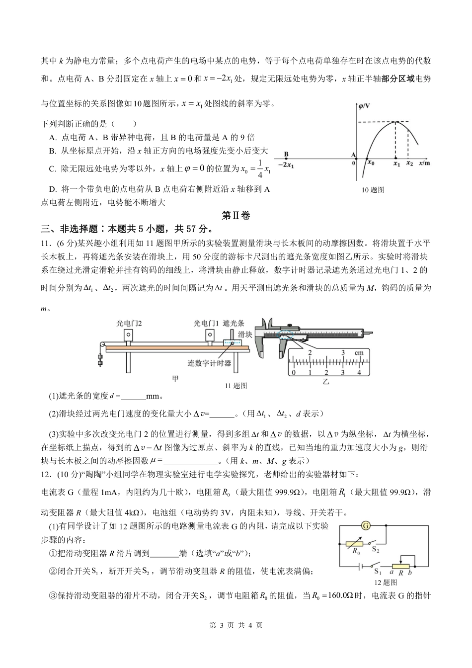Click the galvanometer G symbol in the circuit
(x=366, y=525)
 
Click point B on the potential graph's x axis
(x=287, y=155)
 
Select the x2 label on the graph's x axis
(x=409, y=163)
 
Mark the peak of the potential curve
(x=395, y=122)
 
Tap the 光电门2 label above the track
(x=129, y=323)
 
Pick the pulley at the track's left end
(x=103, y=345)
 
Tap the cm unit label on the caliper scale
(x=359, y=352)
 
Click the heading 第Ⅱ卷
(x=236, y=215)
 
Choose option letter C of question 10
(x=52, y=169)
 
